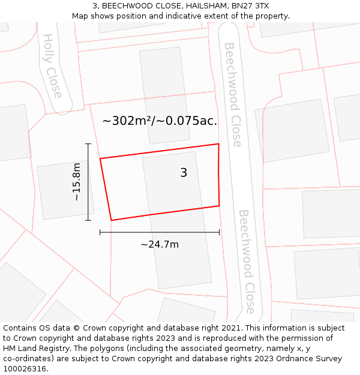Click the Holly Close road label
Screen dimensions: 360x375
click(x=52, y=66)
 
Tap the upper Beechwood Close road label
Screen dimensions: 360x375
click(x=232, y=94)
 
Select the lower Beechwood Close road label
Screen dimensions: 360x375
click(x=247, y=261)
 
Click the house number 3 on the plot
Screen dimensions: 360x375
click(x=184, y=173)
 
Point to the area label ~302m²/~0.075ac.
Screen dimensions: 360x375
click(x=160, y=121)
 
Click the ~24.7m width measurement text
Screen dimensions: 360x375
click(x=160, y=244)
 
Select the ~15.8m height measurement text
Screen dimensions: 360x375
click(x=76, y=182)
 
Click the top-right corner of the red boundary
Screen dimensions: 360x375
click(x=218, y=144)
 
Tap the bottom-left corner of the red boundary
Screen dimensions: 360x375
click(x=112, y=220)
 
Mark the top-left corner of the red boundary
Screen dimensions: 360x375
click(x=100, y=158)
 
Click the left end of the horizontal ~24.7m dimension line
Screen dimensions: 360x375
click(x=100, y=232)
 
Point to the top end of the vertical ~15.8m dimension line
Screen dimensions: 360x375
click(x=88, y=144)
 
